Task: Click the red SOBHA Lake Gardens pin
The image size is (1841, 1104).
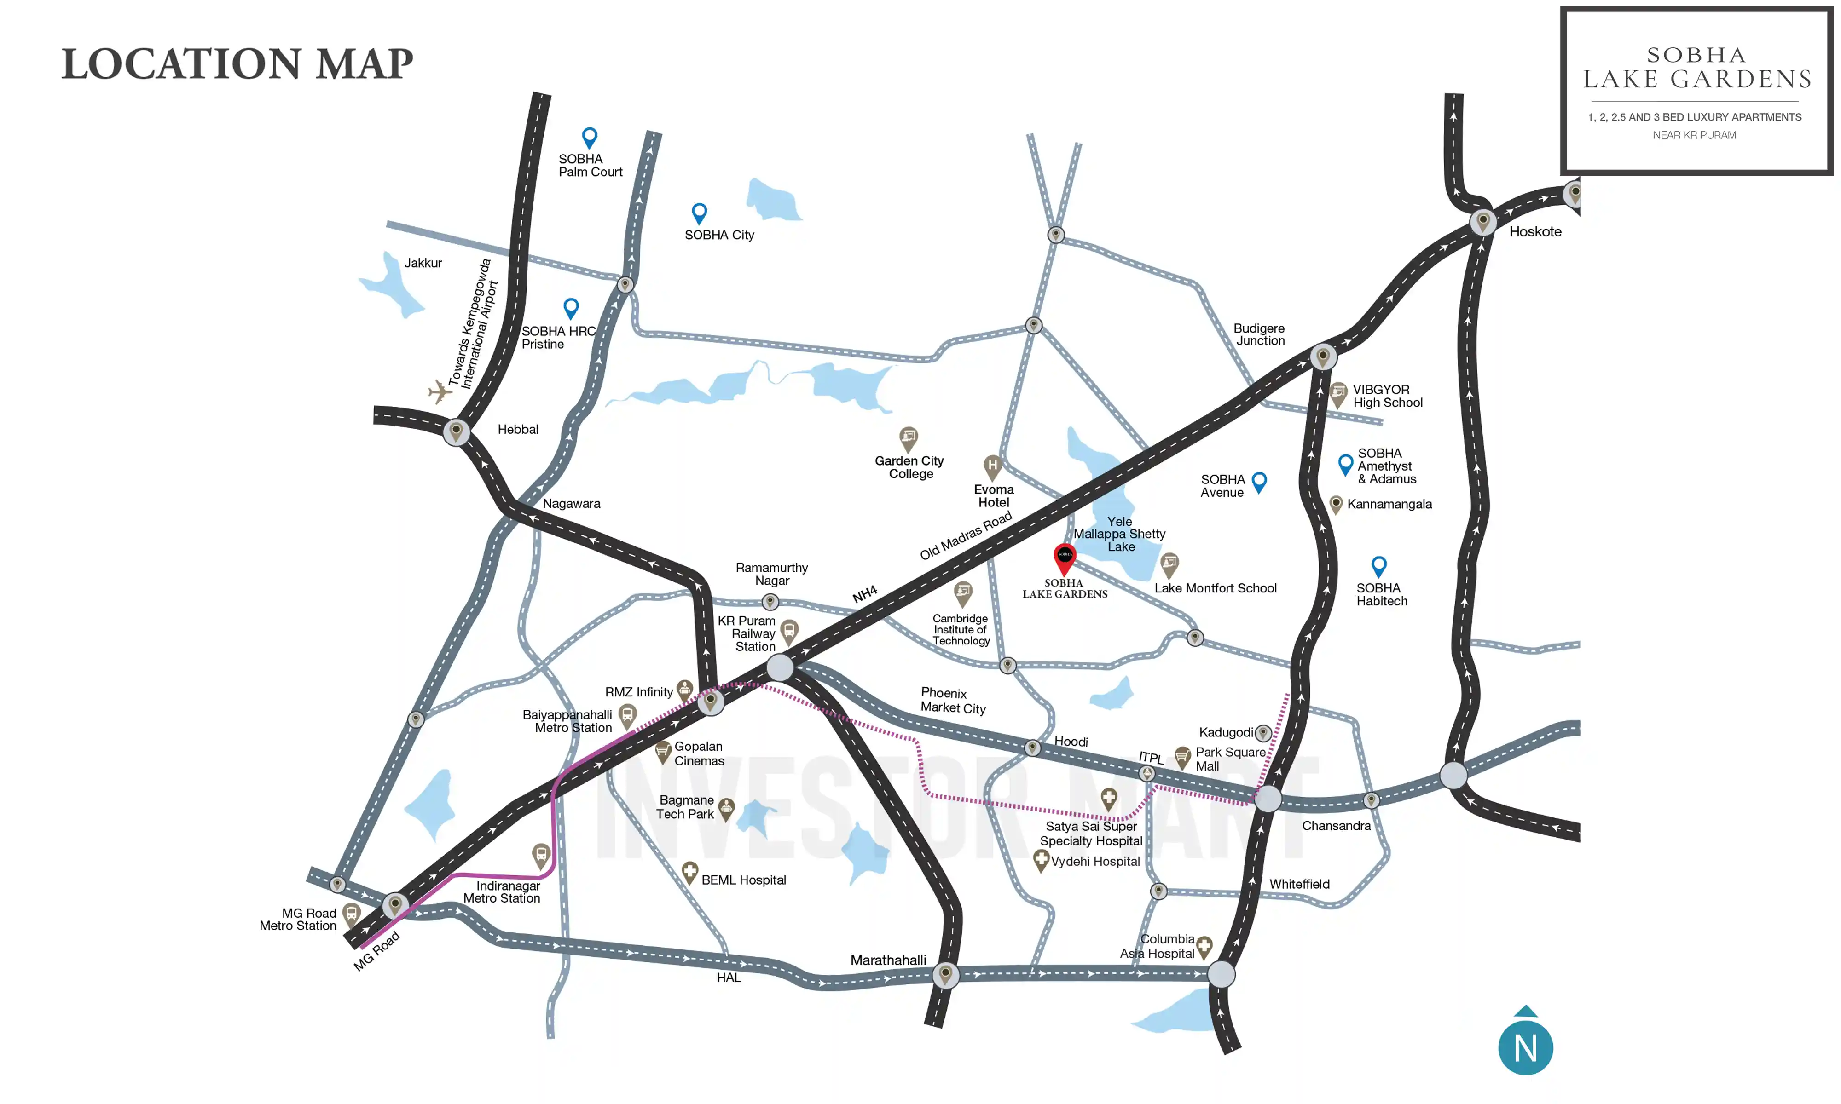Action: point(1065,557)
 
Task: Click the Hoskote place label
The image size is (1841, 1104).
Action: point(1534,231)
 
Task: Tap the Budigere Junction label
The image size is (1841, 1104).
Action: point(1259,334)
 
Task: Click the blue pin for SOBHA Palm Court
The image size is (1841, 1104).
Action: point(590,137)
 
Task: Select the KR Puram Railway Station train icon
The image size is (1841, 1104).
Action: point(789,631)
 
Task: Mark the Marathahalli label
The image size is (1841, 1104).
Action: point(888,960)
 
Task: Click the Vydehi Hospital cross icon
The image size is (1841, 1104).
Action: point(1041,860)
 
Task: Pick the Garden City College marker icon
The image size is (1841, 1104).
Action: point(908,437)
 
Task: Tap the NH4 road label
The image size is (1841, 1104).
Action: point(865,594)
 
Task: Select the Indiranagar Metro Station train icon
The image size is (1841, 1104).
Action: point(541,854)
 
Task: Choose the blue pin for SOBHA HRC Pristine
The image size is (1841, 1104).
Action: point(571,307)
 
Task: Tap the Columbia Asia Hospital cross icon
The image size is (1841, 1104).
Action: point(1204,946)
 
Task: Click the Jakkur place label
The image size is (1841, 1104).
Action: point(423,263)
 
